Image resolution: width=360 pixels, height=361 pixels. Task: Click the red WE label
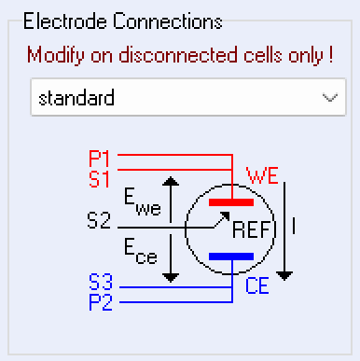260,174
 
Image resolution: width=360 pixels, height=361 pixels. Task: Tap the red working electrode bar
230,201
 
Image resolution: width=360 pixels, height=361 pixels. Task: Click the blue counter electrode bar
230,256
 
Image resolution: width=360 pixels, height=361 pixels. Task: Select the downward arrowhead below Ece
170,277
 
